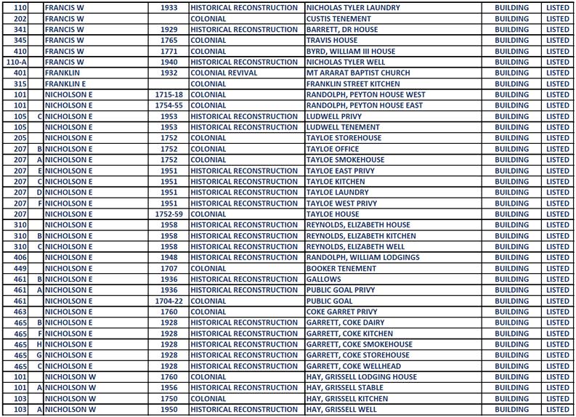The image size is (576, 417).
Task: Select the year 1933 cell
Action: pos(169,8)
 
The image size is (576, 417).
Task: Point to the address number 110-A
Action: pos(16,62)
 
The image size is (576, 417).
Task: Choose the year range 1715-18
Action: pos(169,95)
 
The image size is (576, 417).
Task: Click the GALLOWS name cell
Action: pos(323,280)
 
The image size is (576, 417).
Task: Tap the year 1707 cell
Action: pos(169,269)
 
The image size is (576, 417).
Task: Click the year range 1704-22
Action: pos(169,301)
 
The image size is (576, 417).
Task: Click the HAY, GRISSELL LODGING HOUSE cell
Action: pos(362,377)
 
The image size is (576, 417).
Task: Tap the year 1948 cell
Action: pos(169,258)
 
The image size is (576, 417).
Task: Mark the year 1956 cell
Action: pos(169,388)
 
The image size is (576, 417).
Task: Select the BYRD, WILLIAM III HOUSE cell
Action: pos(351,52)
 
